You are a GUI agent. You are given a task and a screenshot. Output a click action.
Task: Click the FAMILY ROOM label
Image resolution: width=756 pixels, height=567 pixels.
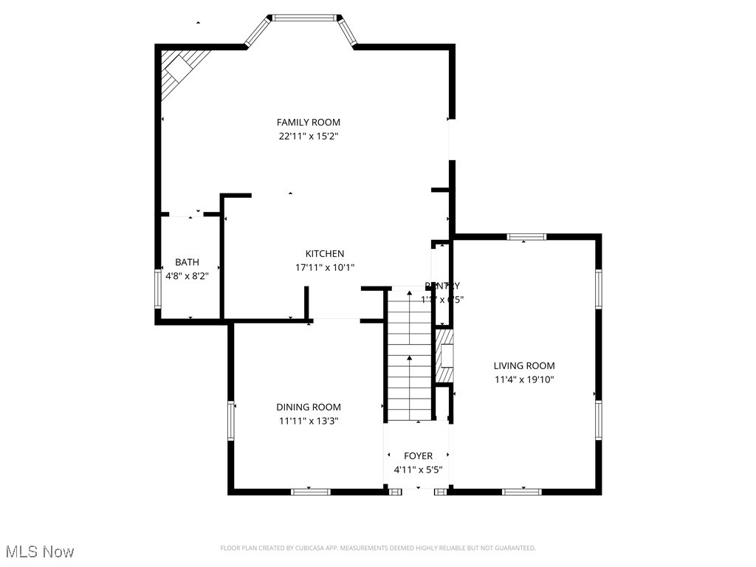point(308,123)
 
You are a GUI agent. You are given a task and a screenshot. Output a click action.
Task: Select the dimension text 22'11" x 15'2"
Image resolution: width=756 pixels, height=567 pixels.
point(308,137)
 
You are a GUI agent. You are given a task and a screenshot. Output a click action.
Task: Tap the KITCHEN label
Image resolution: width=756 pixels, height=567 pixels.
point(325,254)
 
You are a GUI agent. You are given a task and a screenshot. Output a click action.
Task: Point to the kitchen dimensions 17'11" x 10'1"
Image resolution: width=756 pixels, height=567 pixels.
point(325,268)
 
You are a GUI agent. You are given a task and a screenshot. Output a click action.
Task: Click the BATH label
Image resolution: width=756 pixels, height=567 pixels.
point(187,262)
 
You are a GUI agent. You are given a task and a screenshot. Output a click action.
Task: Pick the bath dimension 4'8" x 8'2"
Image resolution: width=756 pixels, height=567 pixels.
point(187,276)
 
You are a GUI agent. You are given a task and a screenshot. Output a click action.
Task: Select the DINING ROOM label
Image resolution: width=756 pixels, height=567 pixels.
point(309,407)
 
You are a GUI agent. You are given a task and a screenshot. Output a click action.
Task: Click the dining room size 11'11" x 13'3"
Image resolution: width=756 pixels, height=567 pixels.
point(309,421)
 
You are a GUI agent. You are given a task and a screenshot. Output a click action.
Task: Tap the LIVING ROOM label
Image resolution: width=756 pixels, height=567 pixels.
point(524,365)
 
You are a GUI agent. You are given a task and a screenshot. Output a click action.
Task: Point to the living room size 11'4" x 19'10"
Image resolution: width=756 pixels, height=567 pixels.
point(524,379)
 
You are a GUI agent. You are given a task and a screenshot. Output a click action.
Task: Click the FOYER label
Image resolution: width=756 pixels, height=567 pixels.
point(418,456)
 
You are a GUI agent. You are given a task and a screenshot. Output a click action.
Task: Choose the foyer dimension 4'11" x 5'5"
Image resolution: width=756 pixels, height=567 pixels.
point(418,470)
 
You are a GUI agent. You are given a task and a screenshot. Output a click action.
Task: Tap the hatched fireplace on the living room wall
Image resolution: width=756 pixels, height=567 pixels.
point(444,356)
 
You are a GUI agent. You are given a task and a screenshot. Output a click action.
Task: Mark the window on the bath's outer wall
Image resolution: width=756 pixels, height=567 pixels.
point(157,288)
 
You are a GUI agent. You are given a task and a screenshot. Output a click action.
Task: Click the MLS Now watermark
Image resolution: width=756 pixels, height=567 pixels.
point(40,551)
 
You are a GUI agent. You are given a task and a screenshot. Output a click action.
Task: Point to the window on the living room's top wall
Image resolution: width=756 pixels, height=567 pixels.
point(526,237)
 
